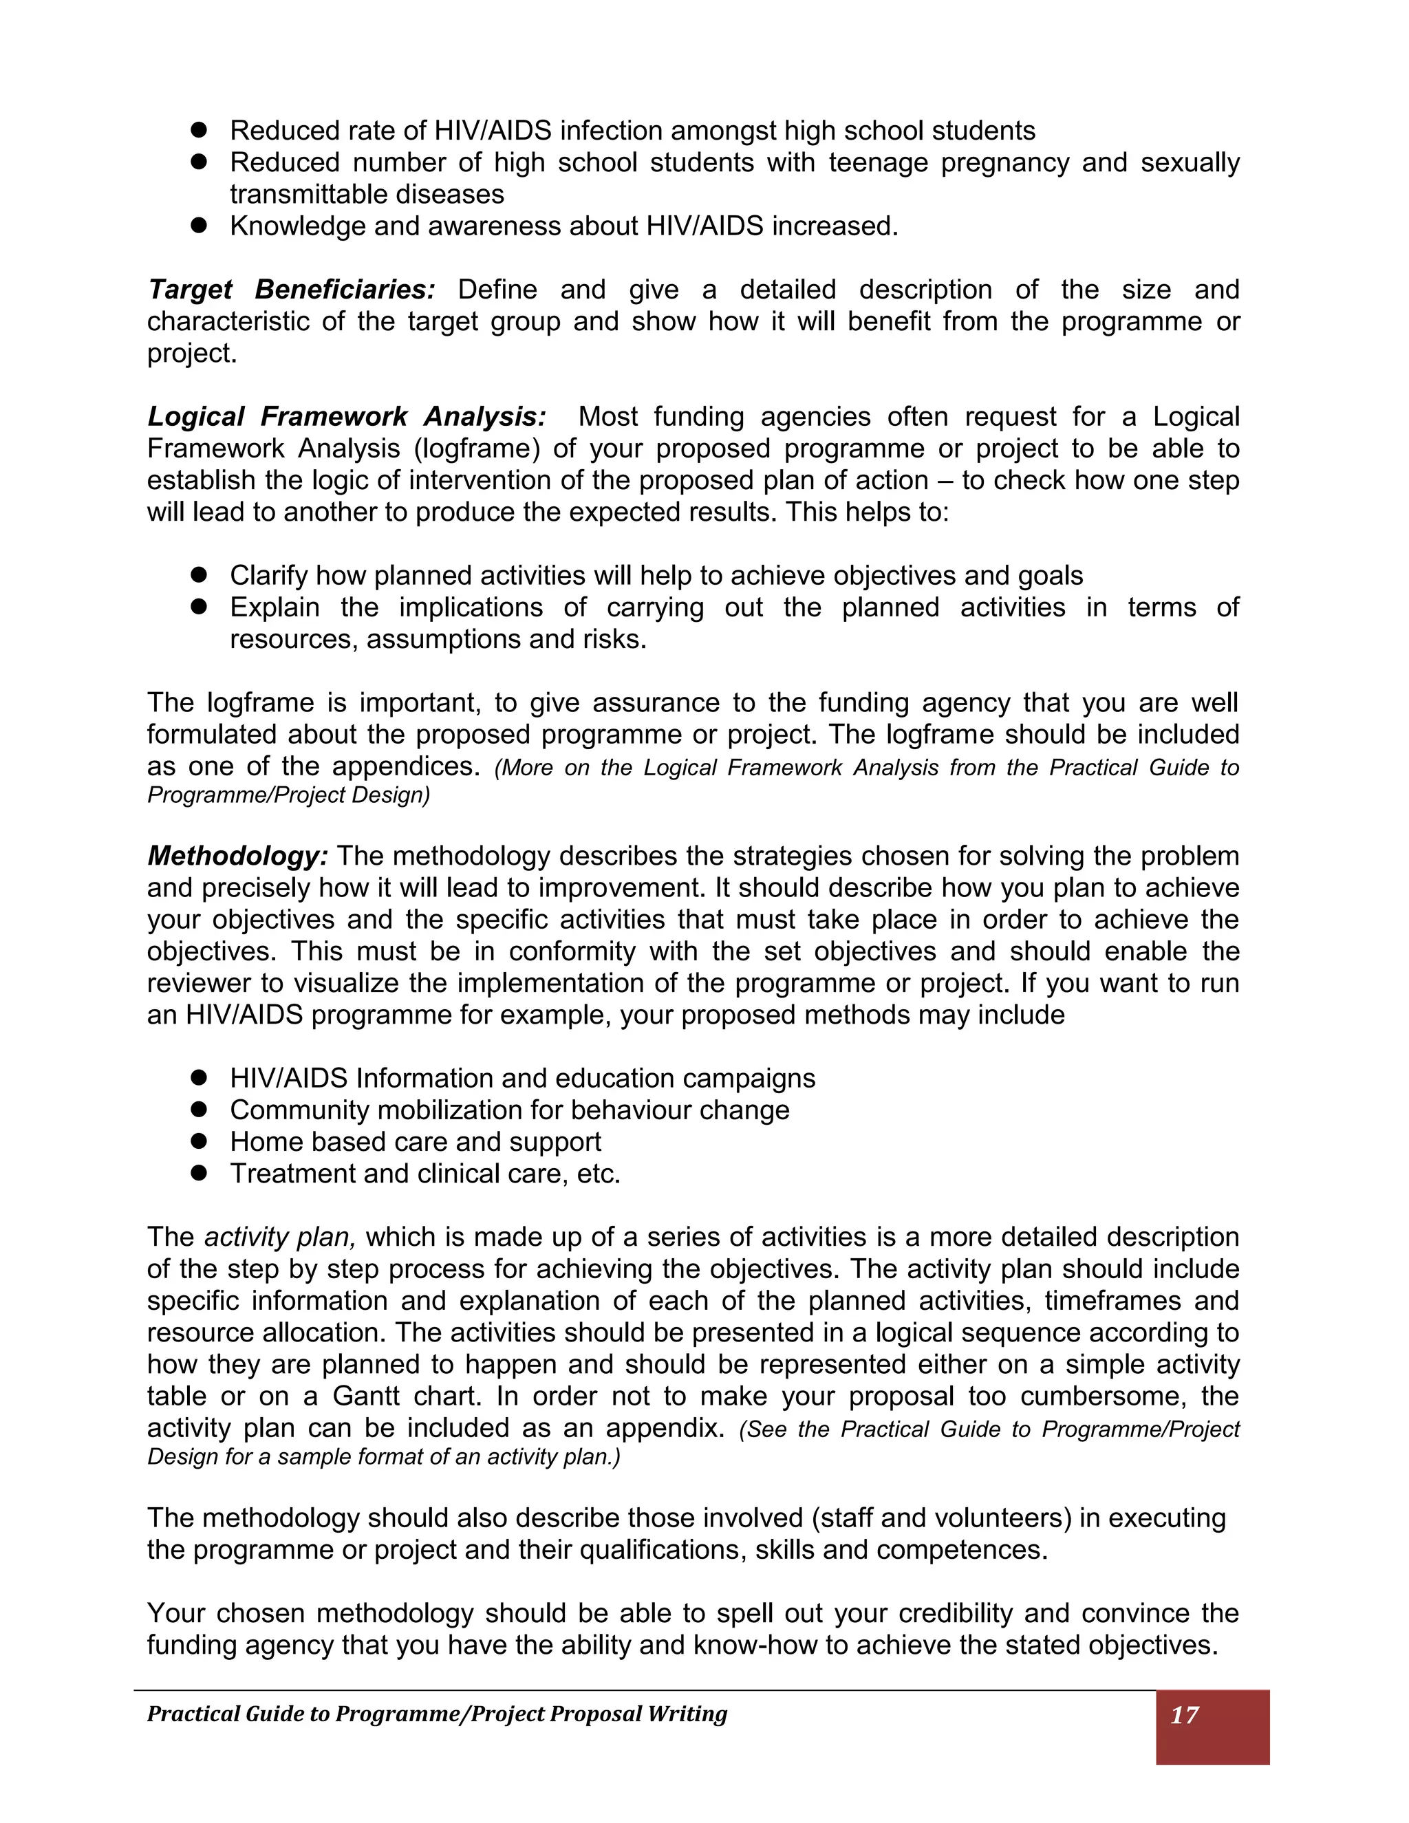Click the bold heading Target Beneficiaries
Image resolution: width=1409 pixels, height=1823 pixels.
290,290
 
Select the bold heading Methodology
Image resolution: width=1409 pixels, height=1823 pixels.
237,856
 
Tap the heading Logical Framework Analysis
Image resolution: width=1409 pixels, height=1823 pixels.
347,416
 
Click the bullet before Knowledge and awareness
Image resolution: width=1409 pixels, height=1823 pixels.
199,226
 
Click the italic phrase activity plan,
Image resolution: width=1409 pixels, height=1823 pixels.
279,1237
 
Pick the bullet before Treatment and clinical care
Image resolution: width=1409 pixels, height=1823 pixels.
199,1172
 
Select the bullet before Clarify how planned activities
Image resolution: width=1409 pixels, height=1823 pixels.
199,574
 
